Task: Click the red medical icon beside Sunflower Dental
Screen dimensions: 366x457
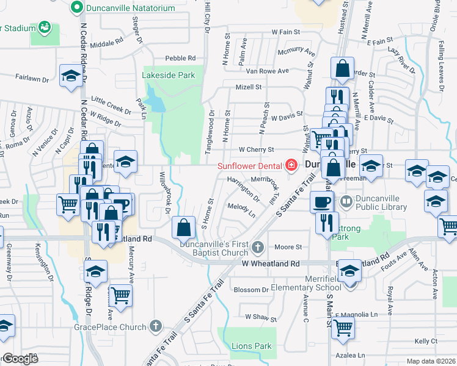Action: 291,165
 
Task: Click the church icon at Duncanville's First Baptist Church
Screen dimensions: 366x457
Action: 258,246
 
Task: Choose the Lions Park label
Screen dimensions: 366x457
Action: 251,346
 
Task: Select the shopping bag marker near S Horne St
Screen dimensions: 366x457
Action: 184,228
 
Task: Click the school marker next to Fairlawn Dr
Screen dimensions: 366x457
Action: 71,76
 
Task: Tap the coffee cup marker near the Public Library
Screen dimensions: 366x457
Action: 321,201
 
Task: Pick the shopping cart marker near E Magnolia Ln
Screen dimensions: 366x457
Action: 343,328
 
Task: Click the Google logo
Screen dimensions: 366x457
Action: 20,359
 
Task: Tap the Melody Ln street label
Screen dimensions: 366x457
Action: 241,211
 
